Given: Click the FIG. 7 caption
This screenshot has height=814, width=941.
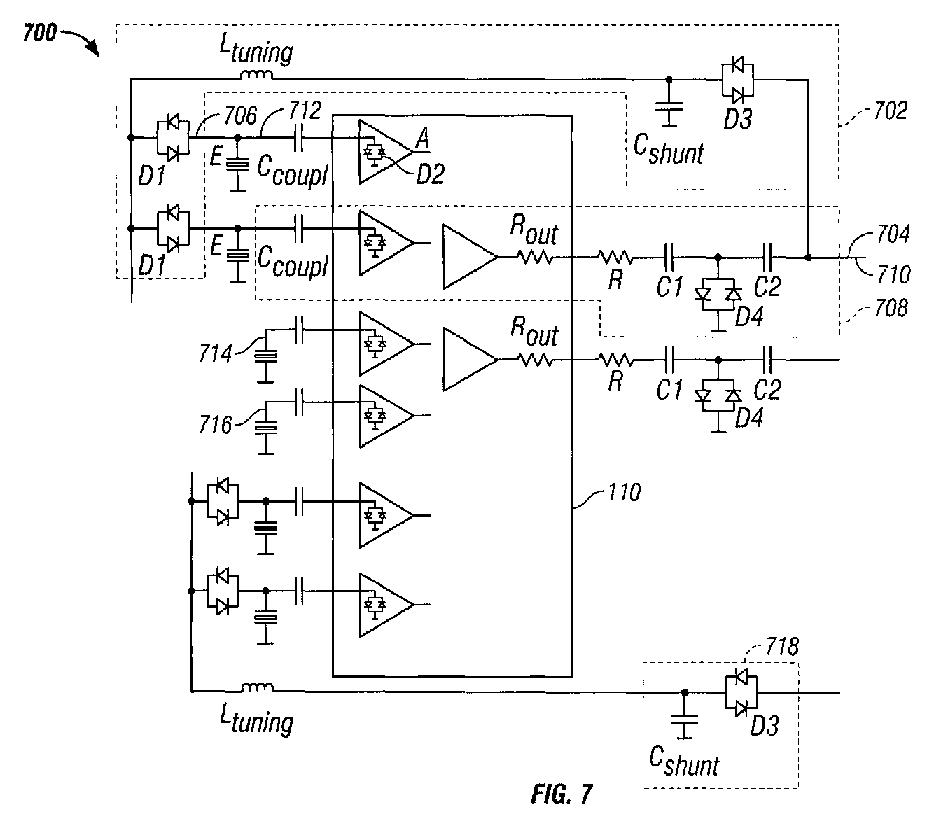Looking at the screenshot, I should (562, 794).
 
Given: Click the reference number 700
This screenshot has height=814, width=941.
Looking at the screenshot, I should (40, 33).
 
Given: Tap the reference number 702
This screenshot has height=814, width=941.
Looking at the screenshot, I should (890, 111).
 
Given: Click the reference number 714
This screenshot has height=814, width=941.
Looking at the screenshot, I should (215, 354).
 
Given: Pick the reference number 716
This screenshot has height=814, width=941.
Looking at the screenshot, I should (215, 423).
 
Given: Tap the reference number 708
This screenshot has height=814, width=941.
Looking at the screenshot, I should (891, 307).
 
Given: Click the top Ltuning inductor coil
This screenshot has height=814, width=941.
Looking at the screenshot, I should (256, 76).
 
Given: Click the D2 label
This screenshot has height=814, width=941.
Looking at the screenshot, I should (430, 174).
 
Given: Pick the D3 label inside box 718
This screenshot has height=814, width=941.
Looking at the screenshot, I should (764, 726).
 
